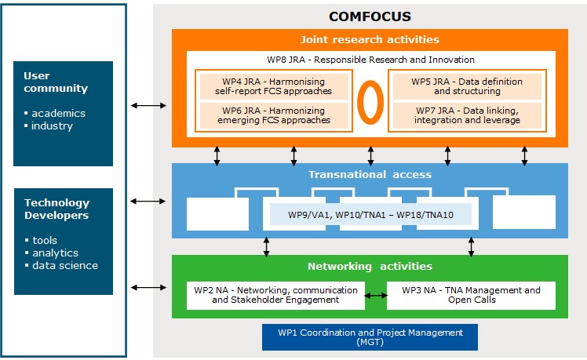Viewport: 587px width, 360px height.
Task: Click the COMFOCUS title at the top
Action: [370, 16]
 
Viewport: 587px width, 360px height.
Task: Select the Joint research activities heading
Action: [370, 39]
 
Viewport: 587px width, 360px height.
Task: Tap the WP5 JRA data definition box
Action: [465, 85]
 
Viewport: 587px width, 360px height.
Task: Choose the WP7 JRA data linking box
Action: [465, 115]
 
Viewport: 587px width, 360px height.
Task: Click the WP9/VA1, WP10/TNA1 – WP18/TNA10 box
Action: [370, 213]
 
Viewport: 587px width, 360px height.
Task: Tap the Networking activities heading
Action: [370, 266]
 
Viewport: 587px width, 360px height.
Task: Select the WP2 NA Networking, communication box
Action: [275, 295]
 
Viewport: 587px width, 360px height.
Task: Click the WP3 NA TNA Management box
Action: [471, 295]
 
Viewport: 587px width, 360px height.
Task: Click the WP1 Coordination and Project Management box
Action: [370, 337]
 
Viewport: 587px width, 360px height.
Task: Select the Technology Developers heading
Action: [57, 209]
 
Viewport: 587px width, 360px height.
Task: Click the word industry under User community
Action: [52, 126]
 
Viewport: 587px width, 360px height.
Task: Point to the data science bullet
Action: [65, 265]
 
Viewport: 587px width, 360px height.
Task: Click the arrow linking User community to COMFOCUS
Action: [149, 104]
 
